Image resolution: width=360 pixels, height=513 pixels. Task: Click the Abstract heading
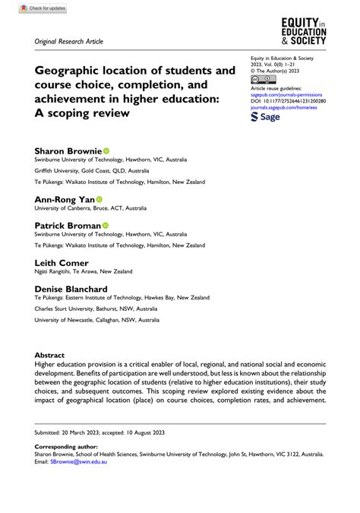point(50,355)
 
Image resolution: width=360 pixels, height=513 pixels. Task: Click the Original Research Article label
point(69,40)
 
